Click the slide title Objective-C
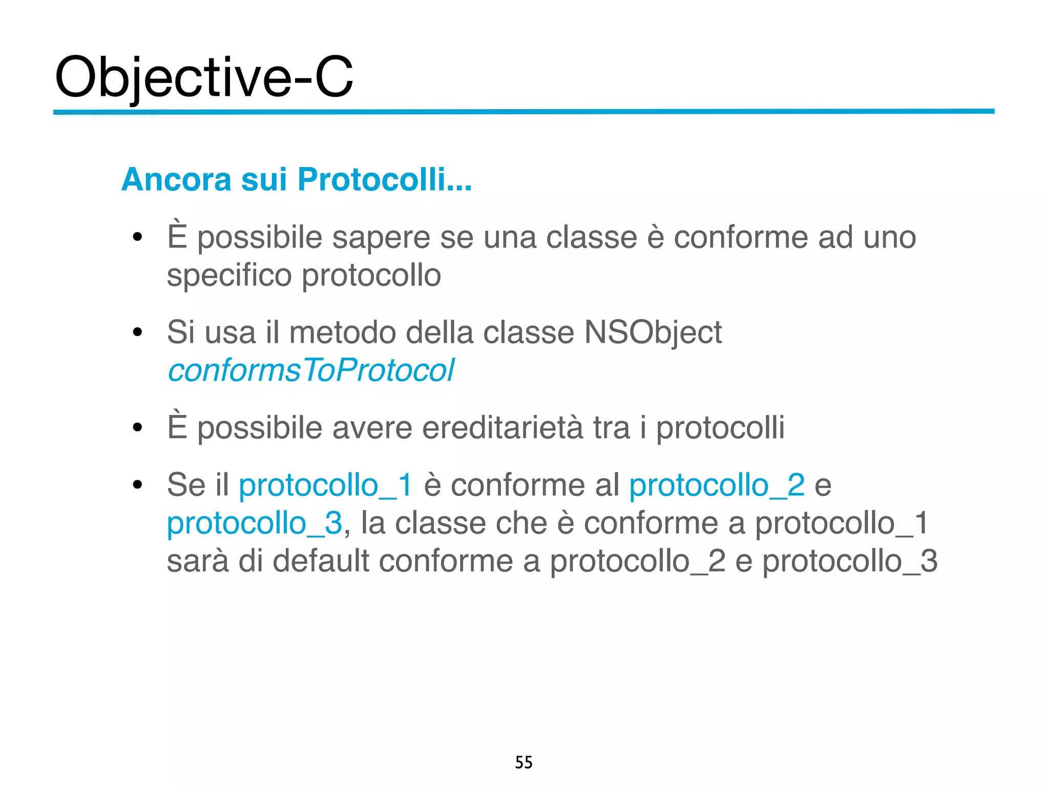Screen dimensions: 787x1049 pyautogui.click(x=204, y=77)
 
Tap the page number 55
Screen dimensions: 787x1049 pyautogui.click(x=523, y=762)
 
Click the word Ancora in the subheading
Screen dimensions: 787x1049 pyautogui.click(x=176, y=179)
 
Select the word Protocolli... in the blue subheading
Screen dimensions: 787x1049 pyautogui.click(x=384, y=179)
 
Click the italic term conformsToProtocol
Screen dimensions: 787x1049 pyautogui.click(x=311, y=370)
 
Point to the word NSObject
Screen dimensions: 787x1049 pyautogui.click(x=653, y=332)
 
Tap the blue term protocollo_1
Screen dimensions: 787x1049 pyautogui.click(x=325, y=485)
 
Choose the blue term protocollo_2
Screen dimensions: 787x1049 pyautogui.click(x=717, y=485)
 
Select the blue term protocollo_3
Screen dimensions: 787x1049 pyautogui.click(x=255, y=523)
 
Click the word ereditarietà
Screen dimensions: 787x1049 pyautogui.click(x=502, y=427)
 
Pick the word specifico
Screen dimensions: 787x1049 pyautogui.click(x=229, y=275)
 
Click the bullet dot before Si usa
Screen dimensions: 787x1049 pyautogui.click(x=137, y=333)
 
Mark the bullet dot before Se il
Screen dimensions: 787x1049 pyautogui.click(x=137, y=485)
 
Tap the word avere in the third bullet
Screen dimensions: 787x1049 pyautogui.click(x=372, y=427)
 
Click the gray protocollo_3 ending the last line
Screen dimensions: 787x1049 pyautogui.click(x=850, y=561)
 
